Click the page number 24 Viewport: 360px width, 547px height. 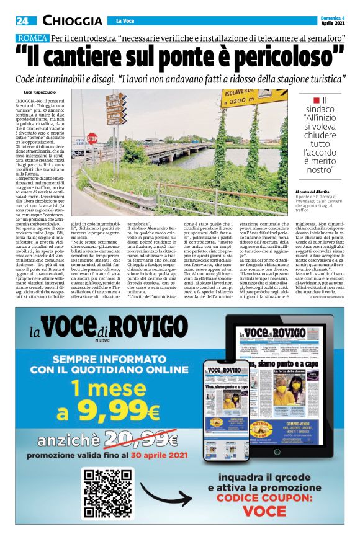(22, 21)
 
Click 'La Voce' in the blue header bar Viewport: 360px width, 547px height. (126, 22)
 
